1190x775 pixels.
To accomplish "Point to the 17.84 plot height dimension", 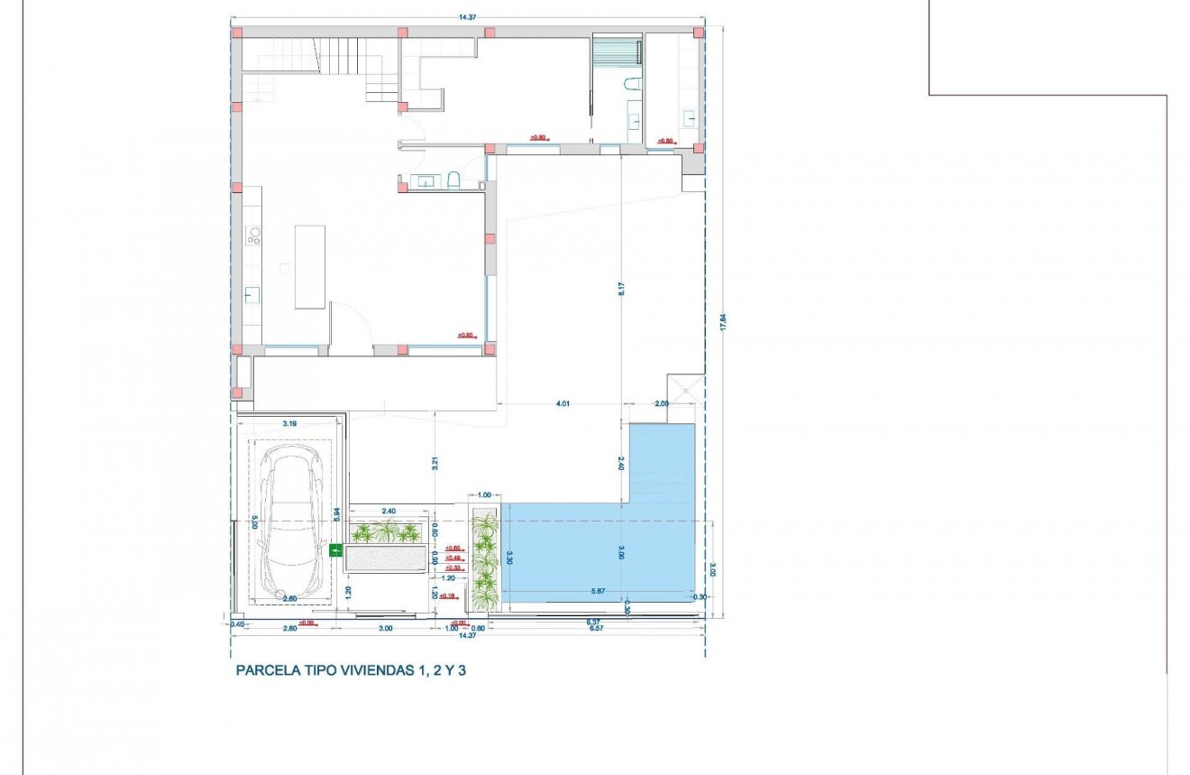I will (722, 322).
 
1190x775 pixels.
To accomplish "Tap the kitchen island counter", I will (309, 266).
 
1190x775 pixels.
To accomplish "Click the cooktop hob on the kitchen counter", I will (253, 236).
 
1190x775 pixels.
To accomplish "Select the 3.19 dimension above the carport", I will (289, 422).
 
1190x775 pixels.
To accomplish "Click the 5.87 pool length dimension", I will (597, 590).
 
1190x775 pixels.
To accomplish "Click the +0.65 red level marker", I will (453, 548).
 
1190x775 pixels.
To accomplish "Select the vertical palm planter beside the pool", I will (485, 559).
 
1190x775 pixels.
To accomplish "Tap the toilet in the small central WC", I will (453, 180).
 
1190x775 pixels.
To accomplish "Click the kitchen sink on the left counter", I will (252, 294).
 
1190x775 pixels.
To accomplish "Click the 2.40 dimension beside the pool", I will (620, 463).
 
